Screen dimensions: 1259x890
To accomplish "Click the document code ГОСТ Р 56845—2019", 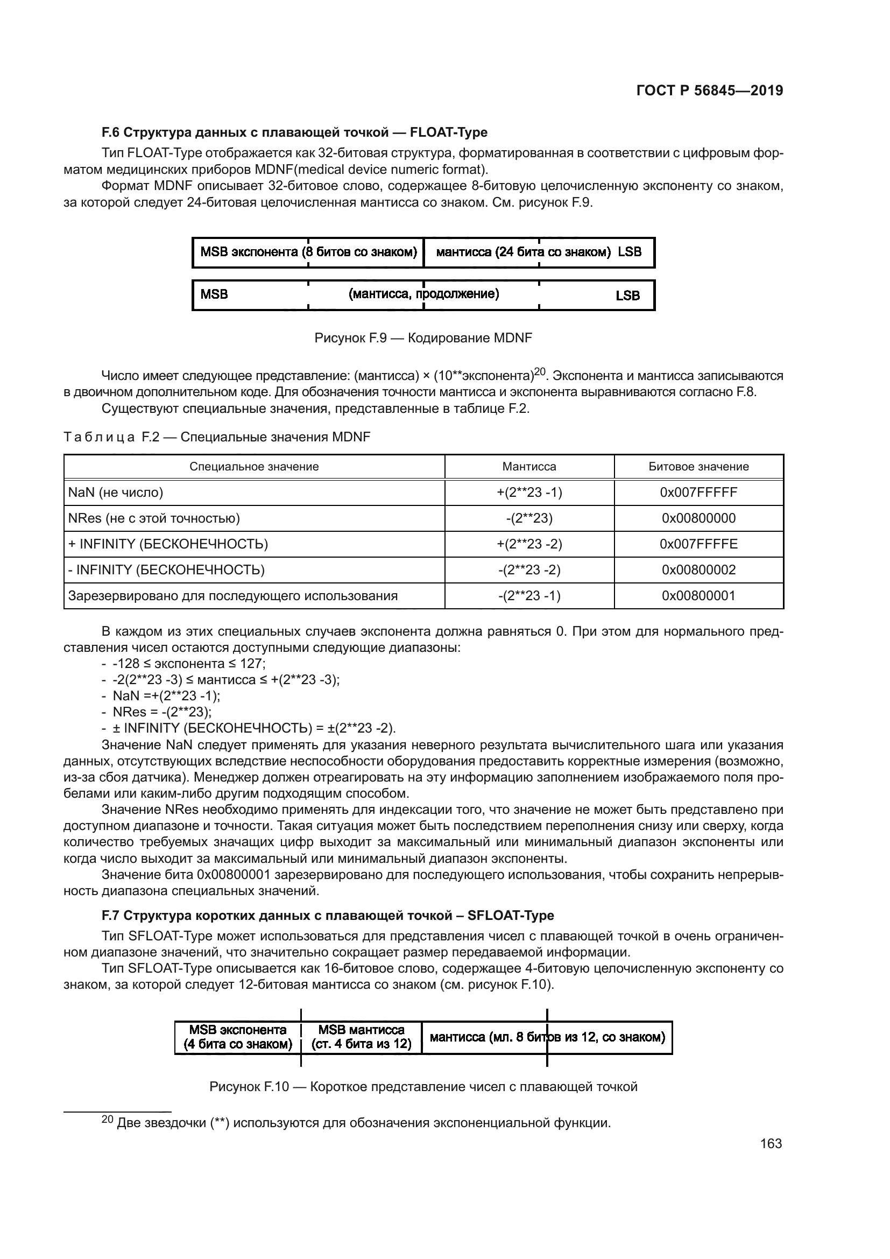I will click(710, 91).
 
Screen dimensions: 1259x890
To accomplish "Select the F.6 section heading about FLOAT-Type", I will click(294, 132).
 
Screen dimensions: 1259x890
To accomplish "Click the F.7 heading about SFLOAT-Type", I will click(328, 915).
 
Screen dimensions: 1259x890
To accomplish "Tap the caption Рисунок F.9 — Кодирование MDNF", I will click(423, 338).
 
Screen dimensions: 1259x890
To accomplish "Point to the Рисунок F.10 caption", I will click(423, 1086).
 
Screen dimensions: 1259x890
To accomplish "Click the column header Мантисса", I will click(529, 467).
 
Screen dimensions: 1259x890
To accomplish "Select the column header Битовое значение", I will click(698, 467).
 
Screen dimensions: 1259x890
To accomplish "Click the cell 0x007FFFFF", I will click(698, 493).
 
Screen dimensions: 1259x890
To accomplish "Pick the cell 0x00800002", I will click(698, 569).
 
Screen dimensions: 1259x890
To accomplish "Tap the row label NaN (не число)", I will click(116, 493).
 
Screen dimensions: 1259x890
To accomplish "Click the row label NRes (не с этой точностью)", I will click(154, 518).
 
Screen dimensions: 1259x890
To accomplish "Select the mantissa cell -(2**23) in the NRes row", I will click(529, 518).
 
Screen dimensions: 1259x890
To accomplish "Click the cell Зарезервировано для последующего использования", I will click(233, 595).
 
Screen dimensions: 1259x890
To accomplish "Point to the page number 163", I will click(771, 1143).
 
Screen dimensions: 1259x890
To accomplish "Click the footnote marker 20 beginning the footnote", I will click(108, 1120).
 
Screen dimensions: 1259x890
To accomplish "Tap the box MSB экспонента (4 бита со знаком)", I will click(238, 1037).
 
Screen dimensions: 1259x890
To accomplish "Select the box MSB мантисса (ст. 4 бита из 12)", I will click(361, 1037).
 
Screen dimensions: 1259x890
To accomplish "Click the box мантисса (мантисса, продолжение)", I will click(423, 294).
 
